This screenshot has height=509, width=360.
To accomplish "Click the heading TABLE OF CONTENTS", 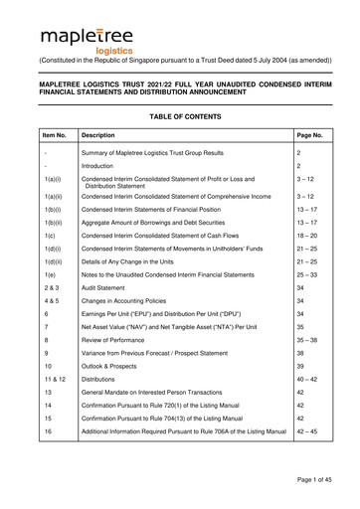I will (x=180, y=142).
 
